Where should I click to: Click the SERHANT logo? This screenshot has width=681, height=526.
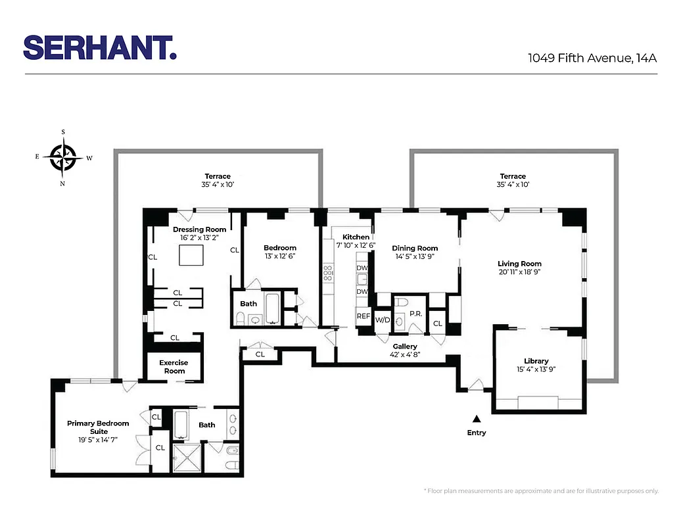[100, 47]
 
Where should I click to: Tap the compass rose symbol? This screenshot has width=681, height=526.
[63, 158]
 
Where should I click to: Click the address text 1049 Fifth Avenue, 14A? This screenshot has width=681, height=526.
[592, 58]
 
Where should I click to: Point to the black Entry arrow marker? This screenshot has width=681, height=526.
[477, 418]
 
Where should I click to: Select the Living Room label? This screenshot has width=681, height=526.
[519, 264]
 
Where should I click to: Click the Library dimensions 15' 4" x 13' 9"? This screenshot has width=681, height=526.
[536, 370]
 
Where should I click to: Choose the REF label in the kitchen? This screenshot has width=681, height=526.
[364, 316]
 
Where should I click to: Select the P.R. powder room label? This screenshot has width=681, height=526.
[415, 314]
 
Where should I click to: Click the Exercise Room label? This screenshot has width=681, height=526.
[174, 367]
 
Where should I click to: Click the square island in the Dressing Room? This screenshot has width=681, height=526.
[193, 254]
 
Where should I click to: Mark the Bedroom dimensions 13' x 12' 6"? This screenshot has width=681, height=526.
[280, 256]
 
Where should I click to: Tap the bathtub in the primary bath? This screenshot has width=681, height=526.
[181, 425]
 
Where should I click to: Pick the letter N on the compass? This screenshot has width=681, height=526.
[62, 183]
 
